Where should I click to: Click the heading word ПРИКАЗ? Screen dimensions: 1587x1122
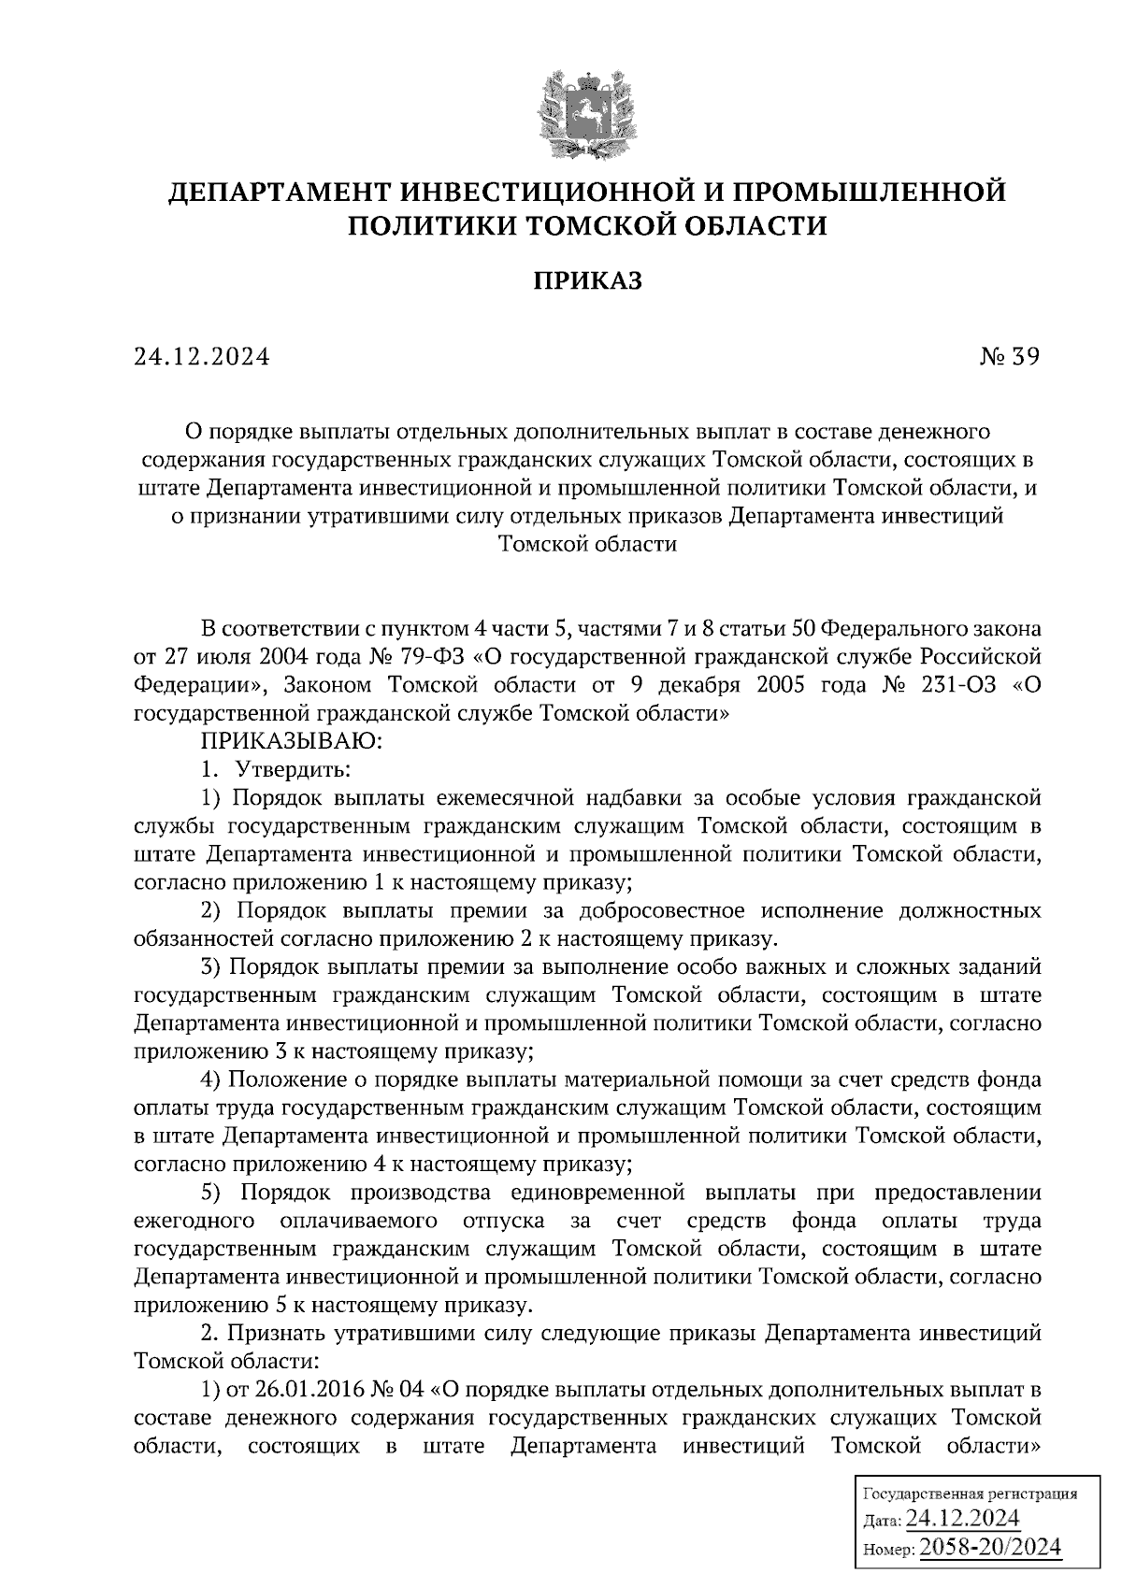588,280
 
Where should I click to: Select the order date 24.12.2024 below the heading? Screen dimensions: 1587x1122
201,356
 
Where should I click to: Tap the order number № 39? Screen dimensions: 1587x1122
1006,356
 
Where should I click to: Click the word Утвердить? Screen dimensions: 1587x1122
293,771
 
